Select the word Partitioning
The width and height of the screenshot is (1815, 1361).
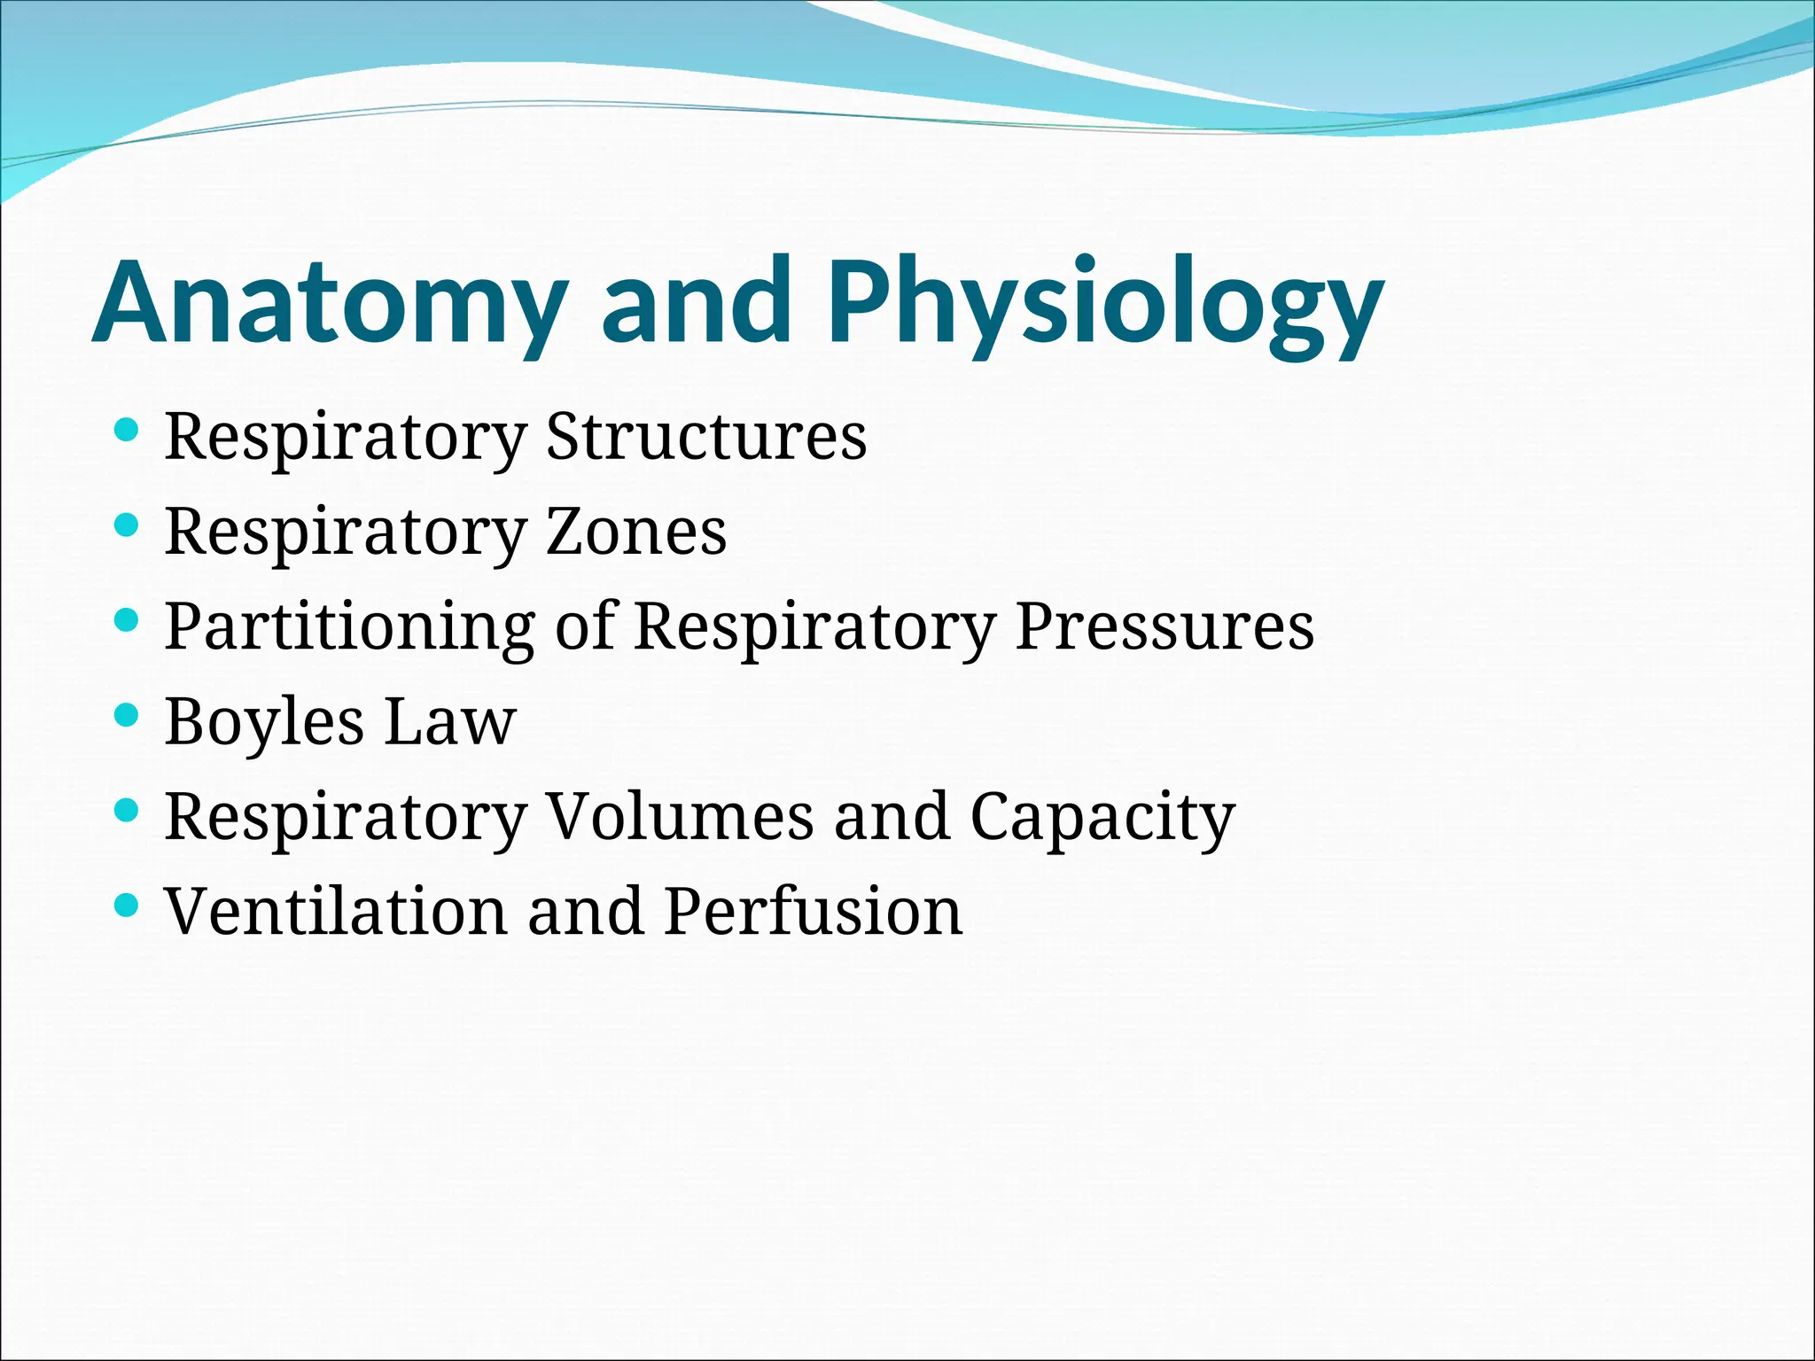(x=349, y=626)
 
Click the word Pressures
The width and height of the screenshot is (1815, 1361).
(x=1164, y=626)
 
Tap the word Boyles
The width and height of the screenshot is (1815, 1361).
(x=264, y=721)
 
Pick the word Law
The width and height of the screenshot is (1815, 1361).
(x=450, y=721)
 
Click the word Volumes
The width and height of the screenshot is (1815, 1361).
(x=680, y=816)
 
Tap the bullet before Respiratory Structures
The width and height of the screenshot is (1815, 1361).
(x=128, y=431)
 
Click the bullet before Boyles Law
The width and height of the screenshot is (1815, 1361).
(x=128, y=715)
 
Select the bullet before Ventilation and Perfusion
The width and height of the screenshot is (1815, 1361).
(x=128, y=905)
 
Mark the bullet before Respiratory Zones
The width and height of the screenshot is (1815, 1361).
(x=128, y=525)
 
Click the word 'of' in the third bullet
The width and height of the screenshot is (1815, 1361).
(x=585, y=626)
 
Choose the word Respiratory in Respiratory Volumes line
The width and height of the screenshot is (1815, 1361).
(x=346, y=816)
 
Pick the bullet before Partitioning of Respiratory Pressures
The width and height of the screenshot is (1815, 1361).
(x=128, y=620)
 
